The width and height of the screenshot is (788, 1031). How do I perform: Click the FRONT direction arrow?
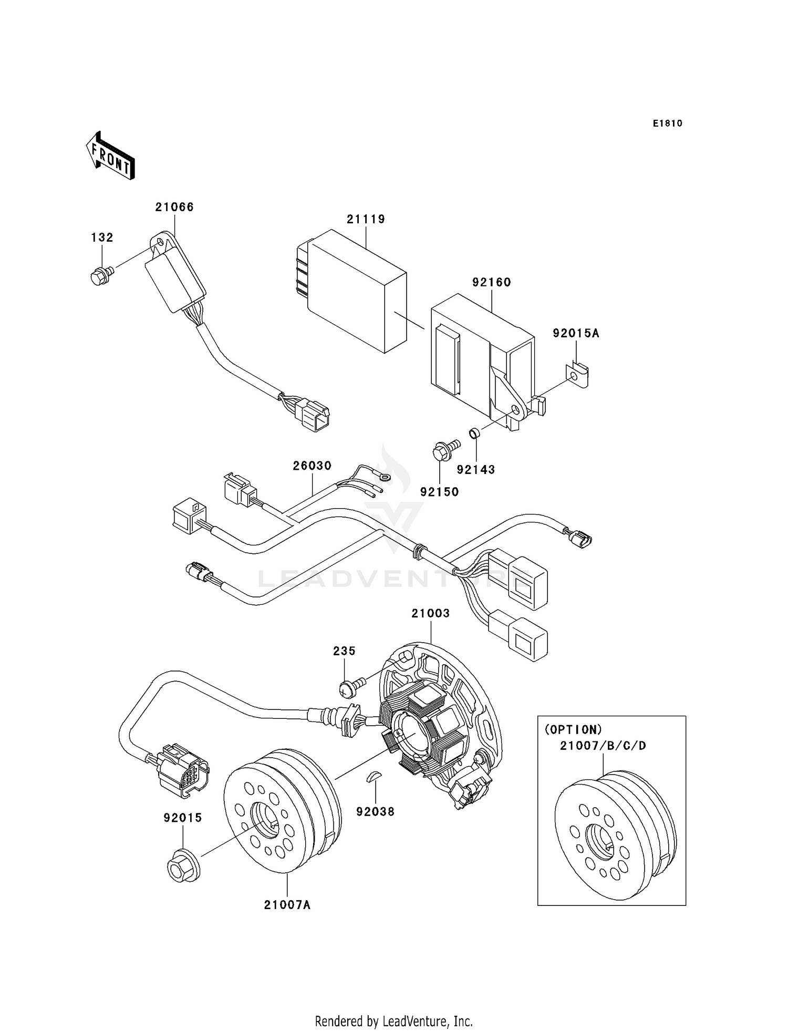(x=110, y=156)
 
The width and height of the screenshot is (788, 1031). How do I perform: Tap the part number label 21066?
(x=174, y=207)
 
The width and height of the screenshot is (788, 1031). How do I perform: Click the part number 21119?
(x=366, y=219)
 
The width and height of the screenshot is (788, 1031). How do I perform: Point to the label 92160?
(x=491, y=282)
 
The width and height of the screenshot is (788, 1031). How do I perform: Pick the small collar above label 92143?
(x=474, y=434)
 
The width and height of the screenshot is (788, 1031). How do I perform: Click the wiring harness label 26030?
(x=312, y=466)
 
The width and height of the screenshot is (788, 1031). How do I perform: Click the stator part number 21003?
(x=430, y=613)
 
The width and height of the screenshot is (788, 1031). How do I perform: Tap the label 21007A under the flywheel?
(x=287, y=905)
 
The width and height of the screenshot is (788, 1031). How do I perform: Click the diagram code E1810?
(x=667, y=123)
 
